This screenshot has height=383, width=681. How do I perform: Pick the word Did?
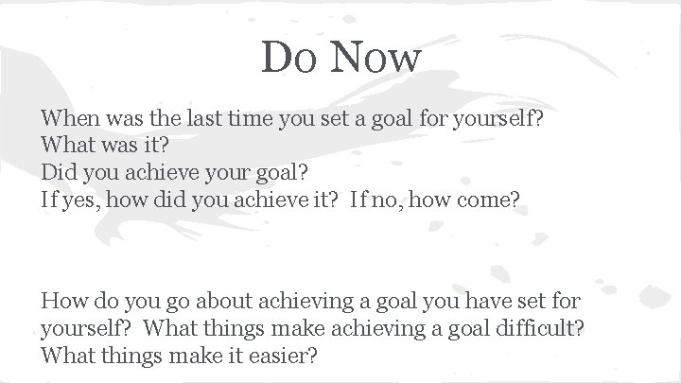coord(57,172)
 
